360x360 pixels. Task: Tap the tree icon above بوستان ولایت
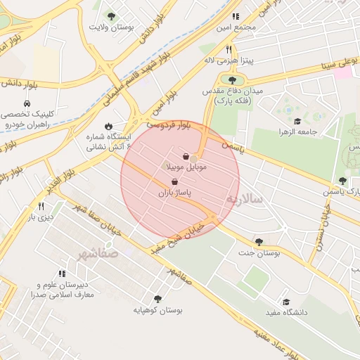(111, 15)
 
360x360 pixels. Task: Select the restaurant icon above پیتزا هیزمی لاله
(229, 50)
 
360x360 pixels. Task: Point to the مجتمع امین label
(236, 27)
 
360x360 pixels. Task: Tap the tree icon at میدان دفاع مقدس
(232, 80)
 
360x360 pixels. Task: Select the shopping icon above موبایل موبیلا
(186, 156)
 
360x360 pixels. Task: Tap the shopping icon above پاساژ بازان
(174, 181)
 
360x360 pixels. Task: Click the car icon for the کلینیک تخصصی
(26, 102)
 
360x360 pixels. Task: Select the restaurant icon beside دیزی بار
(41, 207)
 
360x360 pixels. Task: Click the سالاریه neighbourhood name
(243, 200)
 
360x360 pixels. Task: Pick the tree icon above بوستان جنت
(259, 241)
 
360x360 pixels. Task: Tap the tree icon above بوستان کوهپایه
(157, 298)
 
